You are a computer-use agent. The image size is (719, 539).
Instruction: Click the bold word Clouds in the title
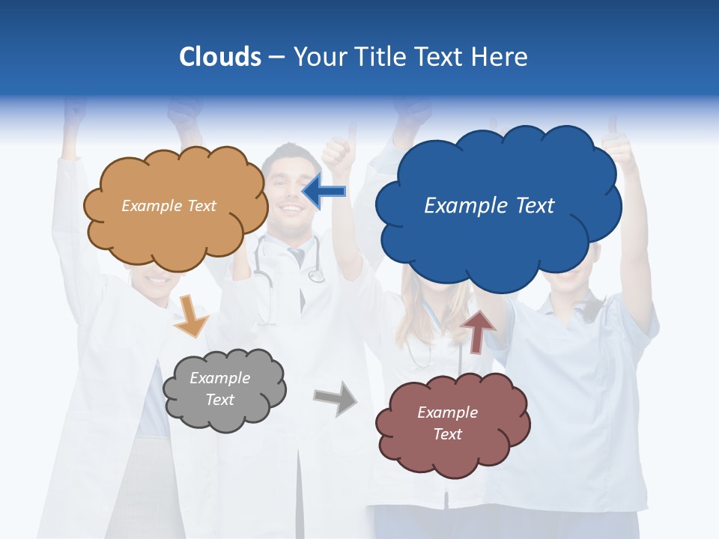coord(219,57)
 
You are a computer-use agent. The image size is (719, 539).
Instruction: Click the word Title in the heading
coord(381,57)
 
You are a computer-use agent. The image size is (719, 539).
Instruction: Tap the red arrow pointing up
coord(478,332)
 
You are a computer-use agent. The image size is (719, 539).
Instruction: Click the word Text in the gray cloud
coord(220,400)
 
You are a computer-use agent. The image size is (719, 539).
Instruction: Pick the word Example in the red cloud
coord(447,412)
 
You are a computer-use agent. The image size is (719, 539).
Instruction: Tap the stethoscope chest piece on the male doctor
coord(316,276)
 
